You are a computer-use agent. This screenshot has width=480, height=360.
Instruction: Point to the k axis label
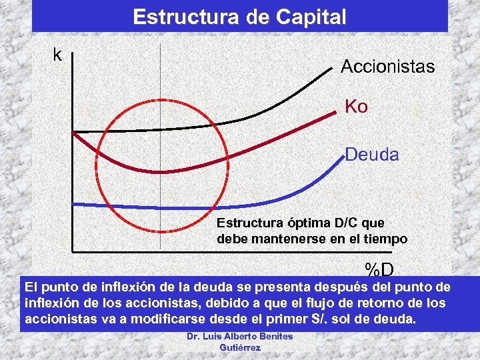pos(58,55)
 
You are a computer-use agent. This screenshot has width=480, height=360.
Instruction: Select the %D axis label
pos(379,270)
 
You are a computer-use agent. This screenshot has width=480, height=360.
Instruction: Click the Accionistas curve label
pos(387,67)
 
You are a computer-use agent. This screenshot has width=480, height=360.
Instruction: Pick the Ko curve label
pos(356,107)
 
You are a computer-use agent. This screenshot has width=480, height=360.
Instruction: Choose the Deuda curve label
pos(372,156)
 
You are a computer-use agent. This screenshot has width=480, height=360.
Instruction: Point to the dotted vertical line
pos(161,80)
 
